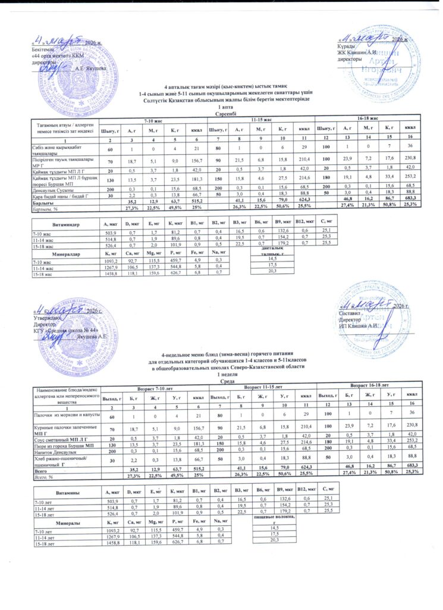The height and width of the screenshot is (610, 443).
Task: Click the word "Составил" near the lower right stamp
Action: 351,313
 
